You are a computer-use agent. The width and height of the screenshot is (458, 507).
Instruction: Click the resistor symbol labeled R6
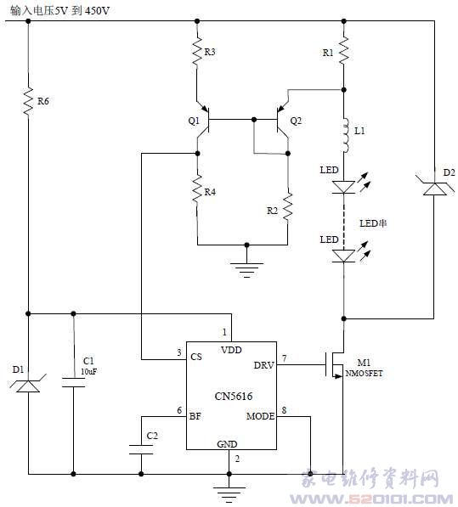click(x=28, y=101)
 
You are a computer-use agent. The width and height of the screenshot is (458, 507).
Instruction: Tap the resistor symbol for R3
click(x=197, y=52)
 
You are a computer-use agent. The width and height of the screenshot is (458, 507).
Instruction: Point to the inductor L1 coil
click(x=345, y=135)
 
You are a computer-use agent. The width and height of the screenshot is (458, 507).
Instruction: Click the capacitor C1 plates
click(x=73, y=382)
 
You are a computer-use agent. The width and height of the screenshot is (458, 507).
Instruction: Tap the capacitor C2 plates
click(x=141, y=449)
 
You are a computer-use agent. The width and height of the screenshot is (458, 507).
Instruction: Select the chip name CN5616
click(x=234, y=396)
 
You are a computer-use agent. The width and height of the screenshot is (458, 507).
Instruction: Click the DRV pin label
click(x=263, y=365)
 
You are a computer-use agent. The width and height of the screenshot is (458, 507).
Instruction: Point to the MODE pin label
click(x=260, y=416)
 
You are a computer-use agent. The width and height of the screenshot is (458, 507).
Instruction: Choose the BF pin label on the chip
click(x=195, y=416)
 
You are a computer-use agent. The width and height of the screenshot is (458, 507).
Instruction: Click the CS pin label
click(x=196, y=357)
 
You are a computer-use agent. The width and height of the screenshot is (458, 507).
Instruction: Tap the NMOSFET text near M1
click(x=364, y=374)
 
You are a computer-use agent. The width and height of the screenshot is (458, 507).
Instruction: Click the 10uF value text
click(x=88, y=371)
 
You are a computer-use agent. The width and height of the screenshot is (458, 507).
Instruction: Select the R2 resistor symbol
click(x=287, y=208)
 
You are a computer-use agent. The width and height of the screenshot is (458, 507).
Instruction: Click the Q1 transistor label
click(x=194, y=121)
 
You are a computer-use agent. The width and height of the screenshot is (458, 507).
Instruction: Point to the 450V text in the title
click(x=98, y=11)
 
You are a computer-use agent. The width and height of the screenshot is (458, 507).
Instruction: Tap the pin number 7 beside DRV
click(x=284, y=358)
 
